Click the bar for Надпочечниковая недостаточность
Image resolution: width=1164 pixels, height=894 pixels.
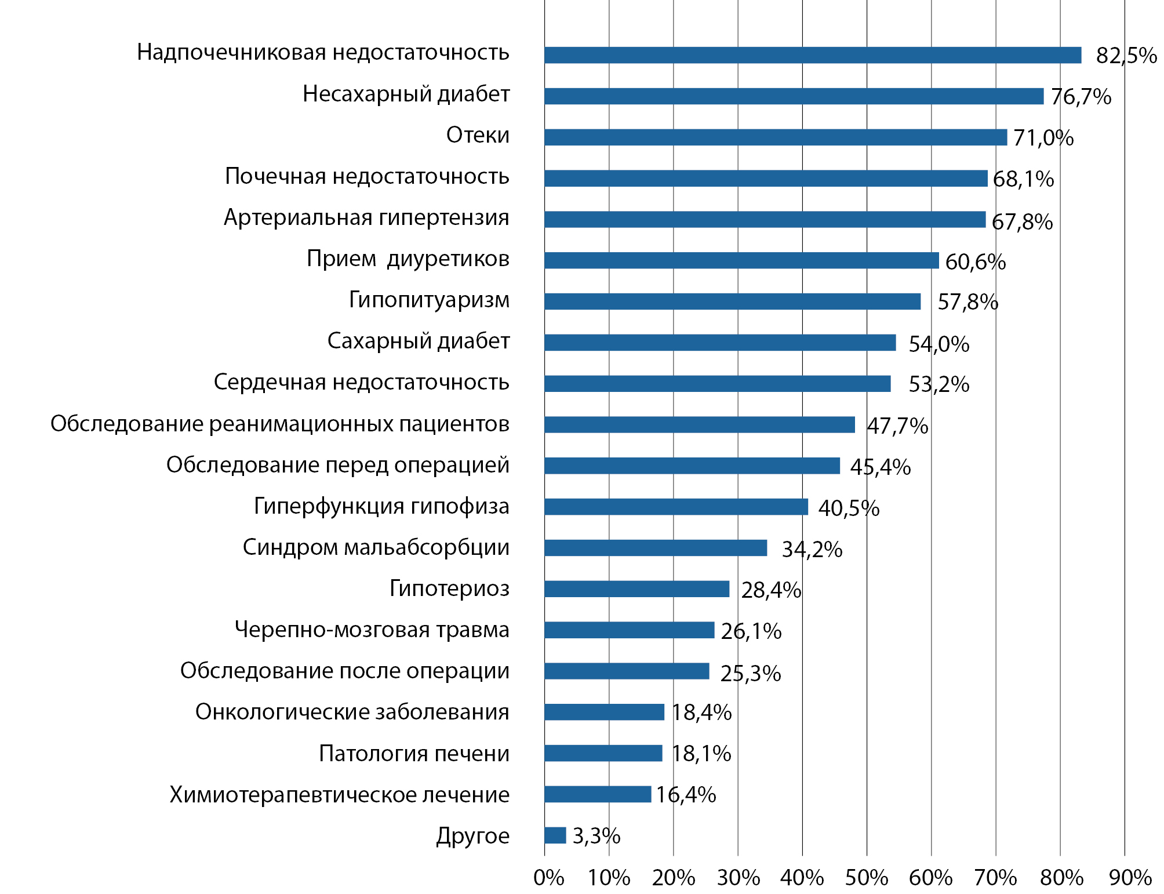coord(813,55)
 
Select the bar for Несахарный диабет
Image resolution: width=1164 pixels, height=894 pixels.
coord(794,96)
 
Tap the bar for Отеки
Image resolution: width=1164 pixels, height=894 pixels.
coord(776,137)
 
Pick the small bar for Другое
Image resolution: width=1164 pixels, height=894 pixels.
coord(555,835)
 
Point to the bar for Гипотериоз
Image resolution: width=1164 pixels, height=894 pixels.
coord(636,589)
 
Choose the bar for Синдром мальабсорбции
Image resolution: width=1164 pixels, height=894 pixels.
coord(656,548)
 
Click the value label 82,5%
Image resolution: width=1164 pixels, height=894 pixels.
coord(1126,56)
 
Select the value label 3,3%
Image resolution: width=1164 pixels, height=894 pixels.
coord(596,836)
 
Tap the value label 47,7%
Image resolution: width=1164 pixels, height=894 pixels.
coord(897,426)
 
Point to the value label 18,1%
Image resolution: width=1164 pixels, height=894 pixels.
coord(701,754)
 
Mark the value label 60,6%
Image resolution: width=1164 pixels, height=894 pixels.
coord(976,262)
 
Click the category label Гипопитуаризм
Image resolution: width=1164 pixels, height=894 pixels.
coord(429,300)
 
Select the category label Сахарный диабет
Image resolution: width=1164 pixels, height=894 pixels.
coord(419,341)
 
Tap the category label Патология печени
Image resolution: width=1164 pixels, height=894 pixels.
coord(414,754)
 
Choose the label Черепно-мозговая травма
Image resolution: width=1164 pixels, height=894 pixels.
coord(372,630)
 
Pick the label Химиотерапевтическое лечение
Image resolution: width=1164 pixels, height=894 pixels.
coord(339,795)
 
